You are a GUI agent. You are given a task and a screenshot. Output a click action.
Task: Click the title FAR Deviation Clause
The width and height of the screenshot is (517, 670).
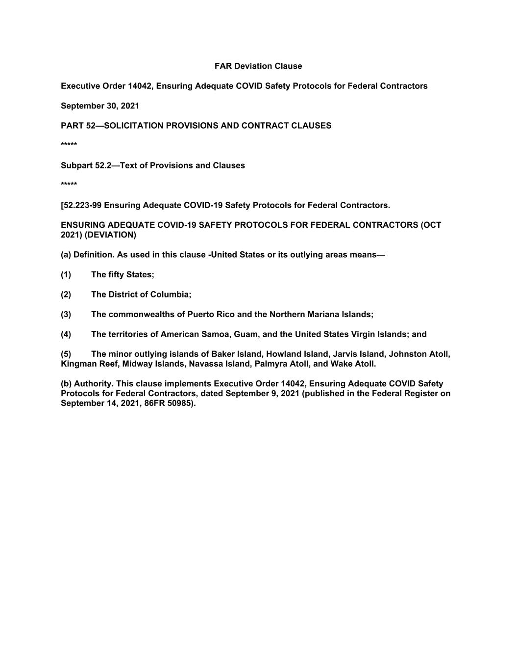[258, 66]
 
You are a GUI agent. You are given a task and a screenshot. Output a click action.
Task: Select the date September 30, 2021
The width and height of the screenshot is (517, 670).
[100, 106]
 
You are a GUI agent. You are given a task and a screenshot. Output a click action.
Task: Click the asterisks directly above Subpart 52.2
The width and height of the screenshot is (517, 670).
[69, 145]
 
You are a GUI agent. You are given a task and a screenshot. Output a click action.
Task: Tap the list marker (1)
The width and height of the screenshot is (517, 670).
[66, 275]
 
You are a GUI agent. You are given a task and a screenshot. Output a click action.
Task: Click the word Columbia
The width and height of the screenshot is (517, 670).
[171, 295]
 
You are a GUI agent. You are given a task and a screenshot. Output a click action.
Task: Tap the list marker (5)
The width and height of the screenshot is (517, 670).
[66, 354]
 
